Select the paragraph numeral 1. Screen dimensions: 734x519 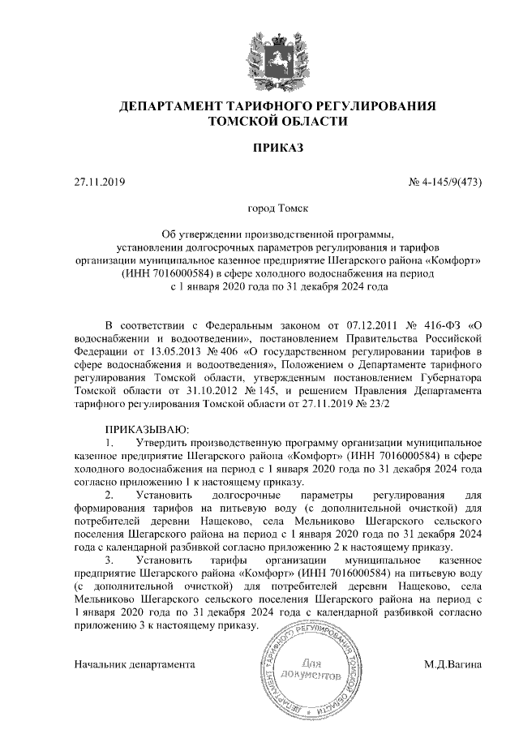pyautogui.click(x=109, y=442)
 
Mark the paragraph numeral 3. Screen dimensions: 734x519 pyautogui.click(x=109, y=560)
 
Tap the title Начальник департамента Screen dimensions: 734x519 pyautogui.click(x=135, y=664)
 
